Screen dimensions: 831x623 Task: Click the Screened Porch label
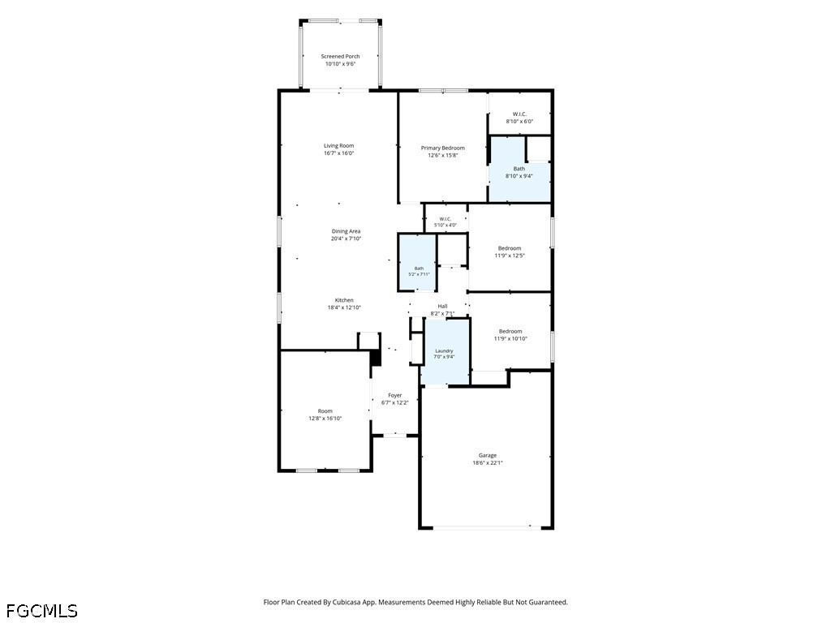[x=340, y=56]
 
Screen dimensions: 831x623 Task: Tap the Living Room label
[x=338, y=146]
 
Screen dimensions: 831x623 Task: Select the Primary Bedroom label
[x=442, y=148]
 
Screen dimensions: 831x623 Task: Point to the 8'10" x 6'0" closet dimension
[x=519, y=122]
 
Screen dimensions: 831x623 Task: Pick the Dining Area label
[x=346, y=231]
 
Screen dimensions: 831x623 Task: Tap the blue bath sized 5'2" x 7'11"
[x=417, y=263]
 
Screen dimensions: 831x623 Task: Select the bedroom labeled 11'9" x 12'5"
[x=510, y=248]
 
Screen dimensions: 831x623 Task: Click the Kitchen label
[x=344, y=300]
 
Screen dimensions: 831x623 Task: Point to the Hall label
[x=442, y=306]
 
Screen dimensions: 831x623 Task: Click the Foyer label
[x=395, y=395]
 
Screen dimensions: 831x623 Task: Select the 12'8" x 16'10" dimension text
[x=325, y=418]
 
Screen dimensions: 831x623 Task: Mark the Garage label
[x=488, y=455]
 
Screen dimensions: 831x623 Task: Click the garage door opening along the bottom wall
[x=487, y=527]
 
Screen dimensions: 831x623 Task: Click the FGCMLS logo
[x=42, y=611]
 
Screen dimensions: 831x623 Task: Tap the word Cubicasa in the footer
[x=348, y=603]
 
